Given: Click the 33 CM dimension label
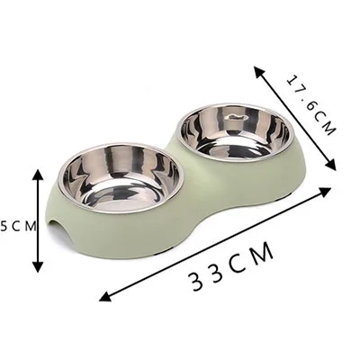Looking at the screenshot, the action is (x=232, y=266).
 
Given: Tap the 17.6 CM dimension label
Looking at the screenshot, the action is (x=310, y=105).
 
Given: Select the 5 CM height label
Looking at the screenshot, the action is (x=19, y=226).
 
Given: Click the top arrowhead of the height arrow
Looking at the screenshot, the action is (x=38, y=175).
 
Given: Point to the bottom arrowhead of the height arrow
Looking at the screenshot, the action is (x=38, y=266).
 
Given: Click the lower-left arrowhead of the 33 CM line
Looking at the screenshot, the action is (x=105, y=297).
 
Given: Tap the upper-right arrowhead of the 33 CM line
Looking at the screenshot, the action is (x=325, y=191).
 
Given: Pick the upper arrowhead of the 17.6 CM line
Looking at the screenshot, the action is (x=259, y=72).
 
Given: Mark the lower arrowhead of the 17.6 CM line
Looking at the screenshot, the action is (x=330, y=165).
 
